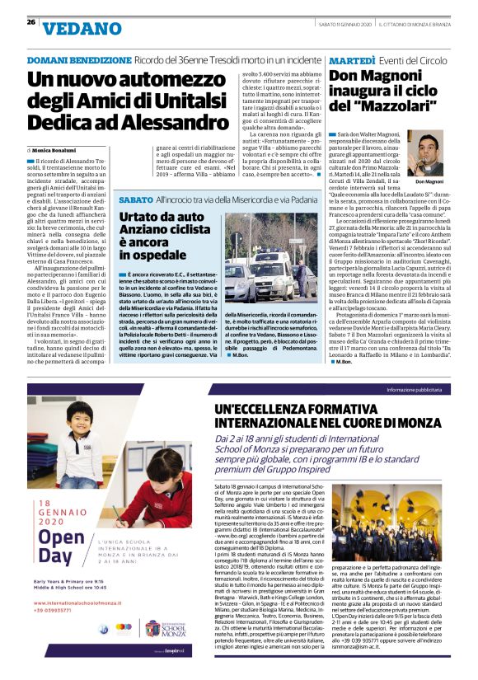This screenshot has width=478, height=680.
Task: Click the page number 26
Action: tap(30, 22)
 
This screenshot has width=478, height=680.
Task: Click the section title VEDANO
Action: tap(79, 29)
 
